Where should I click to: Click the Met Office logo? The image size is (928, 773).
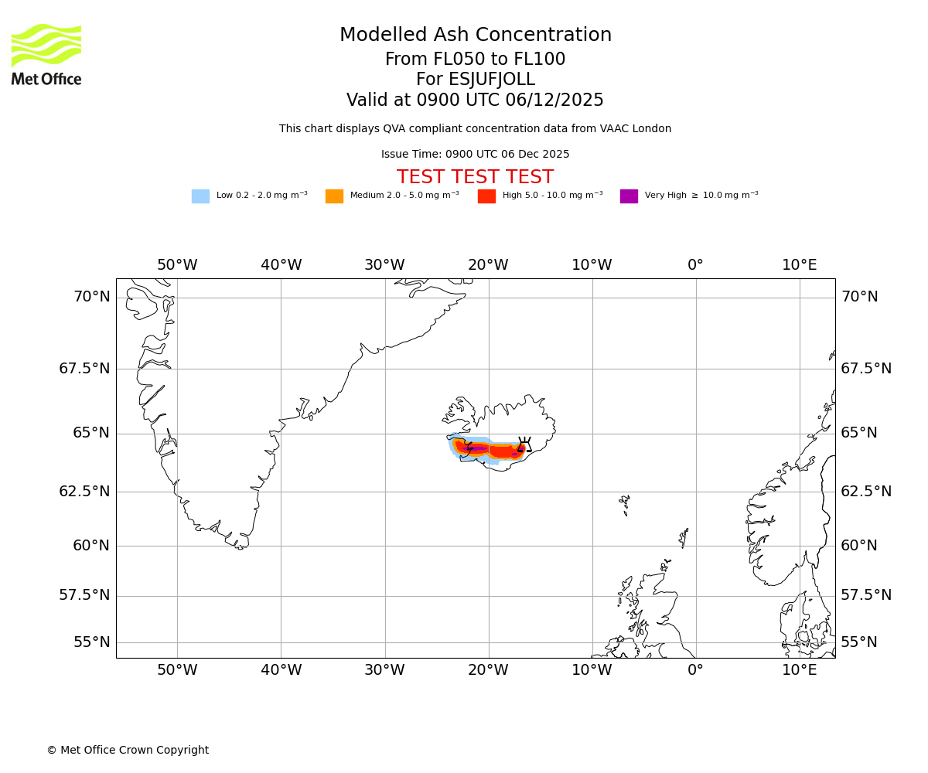coord(46,54)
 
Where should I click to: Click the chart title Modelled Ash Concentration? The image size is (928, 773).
coord(475,36)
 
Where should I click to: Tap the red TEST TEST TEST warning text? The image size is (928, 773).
coord(475,177)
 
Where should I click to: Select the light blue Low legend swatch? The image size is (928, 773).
coord(200,196)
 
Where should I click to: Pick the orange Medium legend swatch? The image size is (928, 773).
coord(334,196)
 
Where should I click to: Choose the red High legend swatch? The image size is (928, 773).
coord(486,196)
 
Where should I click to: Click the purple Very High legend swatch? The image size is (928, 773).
coord(629,196)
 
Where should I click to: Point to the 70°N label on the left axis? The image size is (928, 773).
coord(91,297)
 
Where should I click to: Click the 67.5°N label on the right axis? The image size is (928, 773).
coord(866,369)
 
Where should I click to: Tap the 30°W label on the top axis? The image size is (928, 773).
coord(384,265)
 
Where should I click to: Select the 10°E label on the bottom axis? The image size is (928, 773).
coord(799,670)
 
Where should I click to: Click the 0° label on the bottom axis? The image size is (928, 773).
coord(695,670)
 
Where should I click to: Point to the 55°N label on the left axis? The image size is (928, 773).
coord(91,642)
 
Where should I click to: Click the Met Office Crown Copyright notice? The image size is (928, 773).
coord(128,751)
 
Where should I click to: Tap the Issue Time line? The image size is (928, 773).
coord(475,155)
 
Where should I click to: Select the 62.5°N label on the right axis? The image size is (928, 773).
coord(866,492)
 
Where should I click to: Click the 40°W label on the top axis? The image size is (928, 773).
coord(281,265)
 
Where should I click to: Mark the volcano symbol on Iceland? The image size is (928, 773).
coord(524,444)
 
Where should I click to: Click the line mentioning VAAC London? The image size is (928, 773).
coord(475,129)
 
